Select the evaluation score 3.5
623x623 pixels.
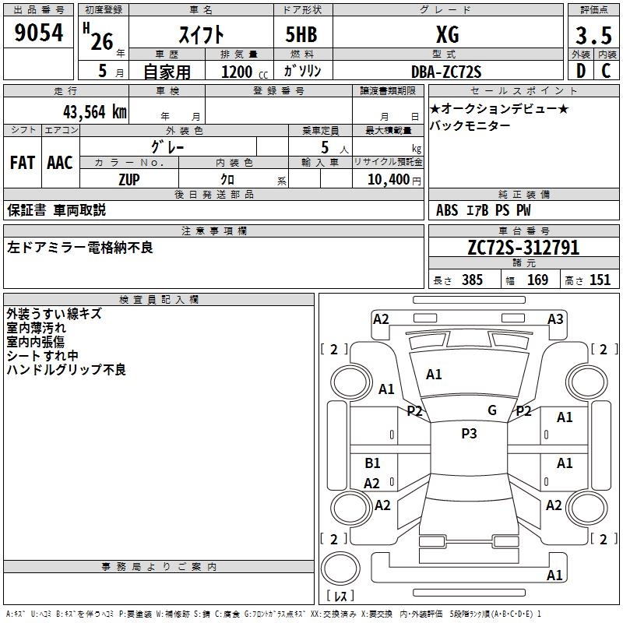(592, 35)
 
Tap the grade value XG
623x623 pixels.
(447, 34)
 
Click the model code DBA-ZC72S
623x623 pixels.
(446, 71)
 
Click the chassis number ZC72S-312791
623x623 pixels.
(523, 248)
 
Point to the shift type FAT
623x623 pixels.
(22, 163)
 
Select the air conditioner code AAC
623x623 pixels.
(59, 163)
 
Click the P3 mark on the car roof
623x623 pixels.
(469, 434)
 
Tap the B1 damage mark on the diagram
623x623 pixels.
(372, 463)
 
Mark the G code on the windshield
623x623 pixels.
(492, 410)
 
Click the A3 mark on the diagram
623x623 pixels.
(555, 319)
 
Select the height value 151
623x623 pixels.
(600, 280)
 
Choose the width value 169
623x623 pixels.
(537, 280)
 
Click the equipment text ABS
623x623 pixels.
(447, 209)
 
